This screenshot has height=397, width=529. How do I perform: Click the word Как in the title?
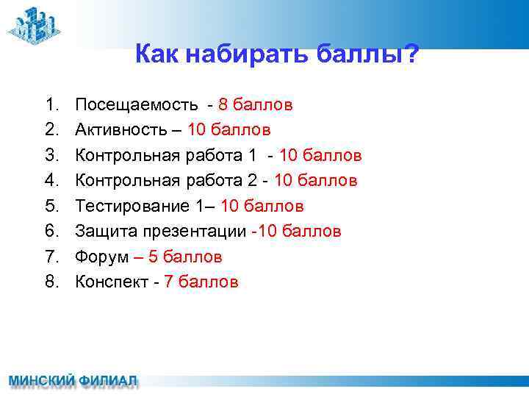tap(156, 54)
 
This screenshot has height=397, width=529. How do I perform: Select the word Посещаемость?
tap(136, 104)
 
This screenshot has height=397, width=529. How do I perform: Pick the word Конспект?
tap(109, 282)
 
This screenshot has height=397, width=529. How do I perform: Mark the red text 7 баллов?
tap(201, 282)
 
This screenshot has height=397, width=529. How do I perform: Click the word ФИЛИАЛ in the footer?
tap(109, 382)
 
